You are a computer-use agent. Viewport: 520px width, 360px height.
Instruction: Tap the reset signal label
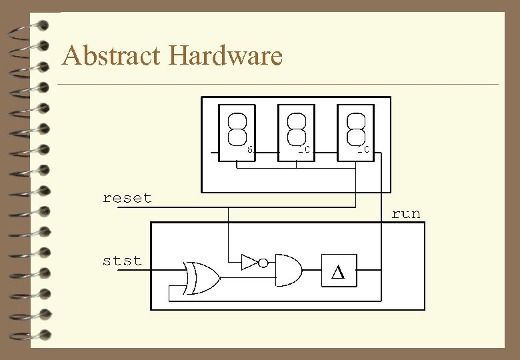127,198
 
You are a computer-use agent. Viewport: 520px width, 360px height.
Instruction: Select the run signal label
406,213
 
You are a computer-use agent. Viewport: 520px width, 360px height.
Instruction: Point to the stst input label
122,260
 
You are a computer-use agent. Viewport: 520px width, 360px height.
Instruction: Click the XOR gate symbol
202,278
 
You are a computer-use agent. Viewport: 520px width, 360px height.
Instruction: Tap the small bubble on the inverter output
263,263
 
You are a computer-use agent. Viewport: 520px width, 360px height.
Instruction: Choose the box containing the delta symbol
338,271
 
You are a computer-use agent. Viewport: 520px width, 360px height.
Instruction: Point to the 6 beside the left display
249,150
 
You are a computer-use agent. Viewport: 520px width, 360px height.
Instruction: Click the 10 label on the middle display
304,150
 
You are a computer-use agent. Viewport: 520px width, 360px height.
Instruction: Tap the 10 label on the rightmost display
363,150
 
